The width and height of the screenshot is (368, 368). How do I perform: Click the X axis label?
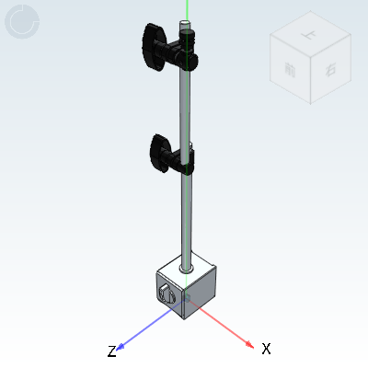point(266,349)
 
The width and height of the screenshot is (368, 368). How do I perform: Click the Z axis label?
point(111,351)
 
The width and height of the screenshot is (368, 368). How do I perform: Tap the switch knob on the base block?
point(167,294)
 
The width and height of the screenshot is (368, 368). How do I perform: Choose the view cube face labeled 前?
point(292,71)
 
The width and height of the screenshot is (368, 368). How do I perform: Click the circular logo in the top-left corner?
point(22,22)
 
